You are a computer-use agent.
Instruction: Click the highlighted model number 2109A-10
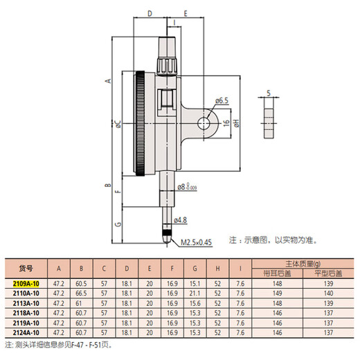tap(27, 284)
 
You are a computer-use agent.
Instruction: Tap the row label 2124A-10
tap(27, 332)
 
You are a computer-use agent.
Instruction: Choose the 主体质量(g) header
tap(297, 264)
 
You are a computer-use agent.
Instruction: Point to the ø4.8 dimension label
tap(181, 220)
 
